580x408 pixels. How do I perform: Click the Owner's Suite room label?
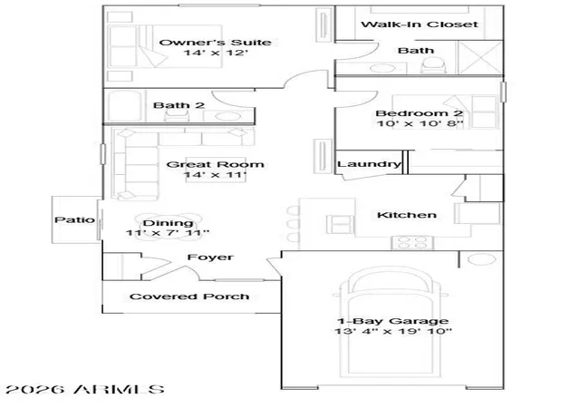215,43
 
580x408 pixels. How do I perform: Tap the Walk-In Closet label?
420,24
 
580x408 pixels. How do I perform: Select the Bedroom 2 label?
419,113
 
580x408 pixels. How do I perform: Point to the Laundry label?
369,164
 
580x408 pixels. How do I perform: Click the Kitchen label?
407,215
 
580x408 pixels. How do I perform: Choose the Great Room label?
216,164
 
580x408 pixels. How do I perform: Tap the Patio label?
74,220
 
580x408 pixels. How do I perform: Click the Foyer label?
210,257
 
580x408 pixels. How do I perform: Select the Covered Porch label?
189,296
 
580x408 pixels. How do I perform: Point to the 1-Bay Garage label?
392,321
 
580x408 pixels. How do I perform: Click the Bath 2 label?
179,105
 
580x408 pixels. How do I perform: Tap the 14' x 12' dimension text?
216,53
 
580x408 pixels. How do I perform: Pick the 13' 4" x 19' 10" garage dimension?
392,331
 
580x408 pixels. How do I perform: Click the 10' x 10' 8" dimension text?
420,123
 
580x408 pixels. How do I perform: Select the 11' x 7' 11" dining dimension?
168,233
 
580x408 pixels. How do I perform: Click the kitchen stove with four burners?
412,242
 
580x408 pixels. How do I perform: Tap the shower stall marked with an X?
480,57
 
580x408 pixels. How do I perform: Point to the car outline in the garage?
391,322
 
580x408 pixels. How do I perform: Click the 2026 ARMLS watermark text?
85,389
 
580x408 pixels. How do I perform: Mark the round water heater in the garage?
481,259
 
